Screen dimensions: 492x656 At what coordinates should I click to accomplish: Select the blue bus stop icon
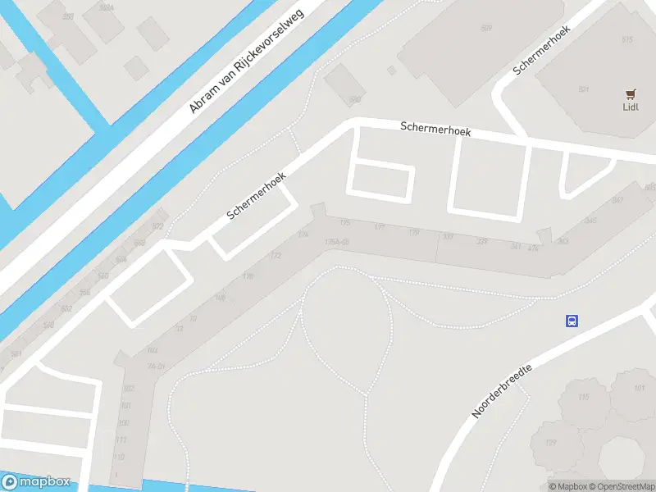[572, 321]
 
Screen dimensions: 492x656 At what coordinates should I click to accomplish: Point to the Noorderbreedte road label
[502, 391]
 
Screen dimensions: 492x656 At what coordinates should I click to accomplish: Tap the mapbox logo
[36, 482]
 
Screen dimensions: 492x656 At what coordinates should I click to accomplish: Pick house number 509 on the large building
[486, 29]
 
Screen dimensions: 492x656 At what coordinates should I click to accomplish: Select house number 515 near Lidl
[627, 39]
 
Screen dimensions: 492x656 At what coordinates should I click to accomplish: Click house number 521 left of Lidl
[584, 89]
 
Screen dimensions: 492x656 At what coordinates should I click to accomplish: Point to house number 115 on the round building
[584, 398]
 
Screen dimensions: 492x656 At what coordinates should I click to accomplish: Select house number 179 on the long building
[414, 234]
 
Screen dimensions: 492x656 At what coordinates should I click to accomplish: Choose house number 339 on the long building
[482, 241]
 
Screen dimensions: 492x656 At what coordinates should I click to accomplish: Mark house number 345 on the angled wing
[590, 221]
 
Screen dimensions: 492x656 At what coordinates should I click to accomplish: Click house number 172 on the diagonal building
[276, 256]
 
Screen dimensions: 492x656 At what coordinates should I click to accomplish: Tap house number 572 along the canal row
[158, 226]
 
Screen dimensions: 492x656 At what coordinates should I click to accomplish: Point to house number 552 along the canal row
[67, 308]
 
